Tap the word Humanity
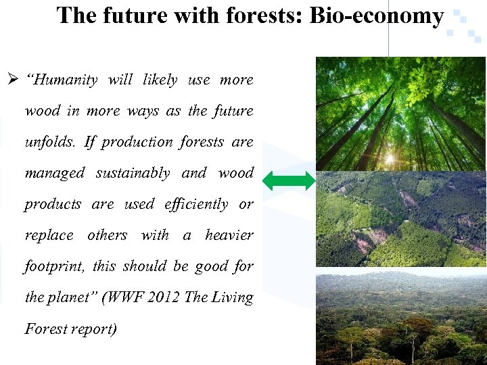click(x=62, y=80)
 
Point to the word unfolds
click(x=51, y=142)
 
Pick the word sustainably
click(x=133, y=173)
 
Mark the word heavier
click(x=229, y=235)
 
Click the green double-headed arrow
click(x=289, y=180)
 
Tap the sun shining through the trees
click(x=390, y=160)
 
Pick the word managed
click(x=54, y=173)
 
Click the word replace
click(x=49, y=235)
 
